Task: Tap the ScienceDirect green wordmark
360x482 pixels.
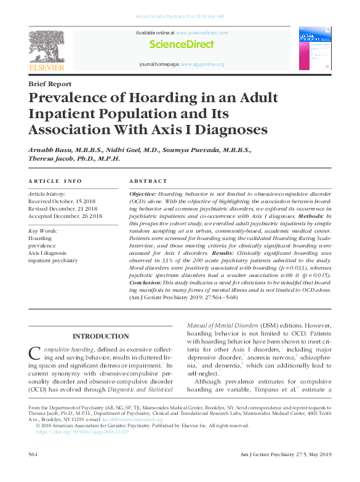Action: tap(182, 44)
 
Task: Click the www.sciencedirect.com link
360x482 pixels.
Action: tap(202, 33)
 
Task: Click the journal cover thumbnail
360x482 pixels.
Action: tap(314, 49)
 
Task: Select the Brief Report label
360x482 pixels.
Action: tap(50, 84)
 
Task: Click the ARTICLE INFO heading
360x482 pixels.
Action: tap(55, 181)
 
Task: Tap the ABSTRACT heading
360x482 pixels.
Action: tap(148, 181)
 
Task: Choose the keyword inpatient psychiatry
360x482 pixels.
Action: tap(54, 260)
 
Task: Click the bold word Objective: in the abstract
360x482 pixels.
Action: tap(143, 193)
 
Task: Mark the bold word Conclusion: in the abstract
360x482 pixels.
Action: tap(145, 282)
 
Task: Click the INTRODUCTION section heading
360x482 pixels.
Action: tap(101, 336)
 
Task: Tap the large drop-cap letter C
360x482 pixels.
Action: tap(35, 353)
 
